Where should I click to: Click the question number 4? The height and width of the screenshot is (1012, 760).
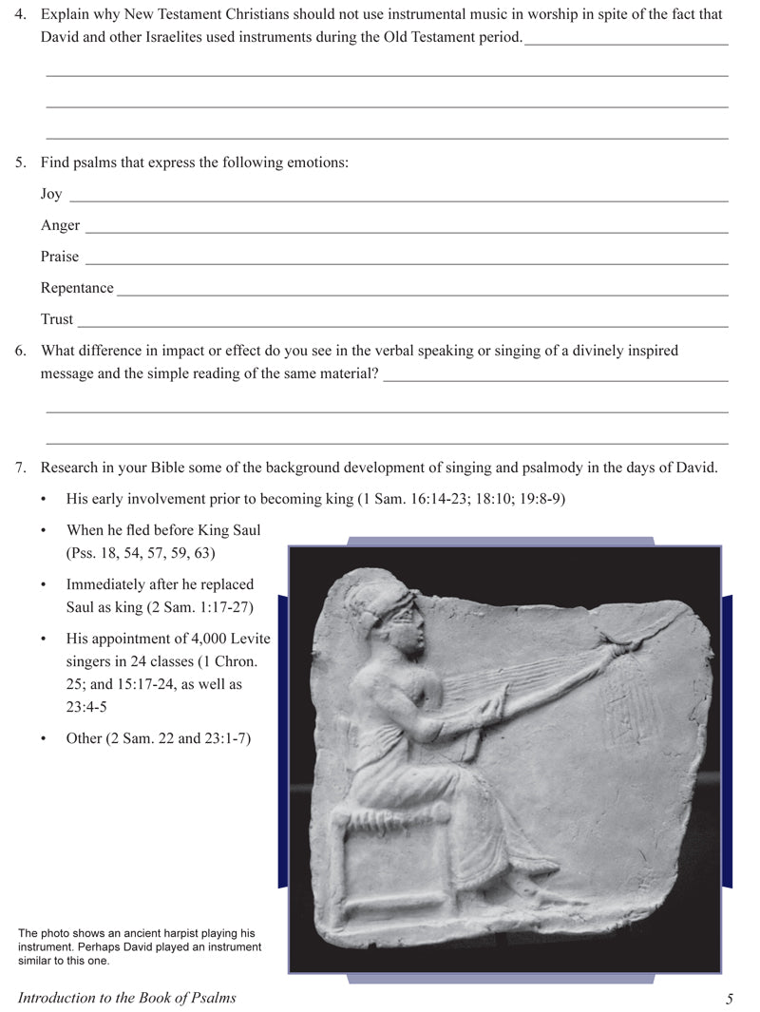(x=20, y=15)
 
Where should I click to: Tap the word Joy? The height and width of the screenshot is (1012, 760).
(x=51, y=194)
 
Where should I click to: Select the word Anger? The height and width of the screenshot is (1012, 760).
(x=60, y=225)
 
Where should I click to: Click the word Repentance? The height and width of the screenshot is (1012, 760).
(x=77, y=288)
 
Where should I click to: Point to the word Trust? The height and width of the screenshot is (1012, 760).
(x=57, y=319)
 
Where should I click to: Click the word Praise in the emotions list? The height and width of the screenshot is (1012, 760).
(x=60, y=257)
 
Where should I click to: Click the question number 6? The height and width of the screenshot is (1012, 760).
(x=20, y=351)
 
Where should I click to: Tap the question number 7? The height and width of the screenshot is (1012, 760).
(x=20, y=468)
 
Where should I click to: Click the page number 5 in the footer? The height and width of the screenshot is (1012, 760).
(x=729, y=998)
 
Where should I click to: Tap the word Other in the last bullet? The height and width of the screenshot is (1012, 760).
(x=85, y=738)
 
